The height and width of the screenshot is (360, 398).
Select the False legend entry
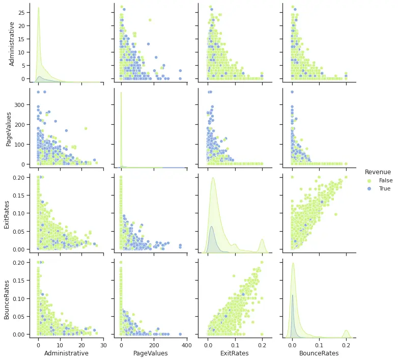tap(385, 180)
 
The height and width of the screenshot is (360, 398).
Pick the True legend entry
tap(385, 188)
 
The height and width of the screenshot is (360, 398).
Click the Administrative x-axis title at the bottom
tap(66, 353)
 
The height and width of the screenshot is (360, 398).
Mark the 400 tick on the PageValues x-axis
tap(186, 344)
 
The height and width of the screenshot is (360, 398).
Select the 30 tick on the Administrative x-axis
tap(103, 344)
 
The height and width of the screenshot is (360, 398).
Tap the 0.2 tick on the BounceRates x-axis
tap(346, 344)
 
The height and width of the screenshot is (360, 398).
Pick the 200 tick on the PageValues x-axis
tap(154, 344)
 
